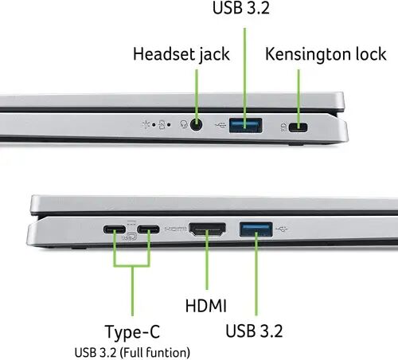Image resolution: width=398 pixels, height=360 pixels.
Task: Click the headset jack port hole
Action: click(196, 124)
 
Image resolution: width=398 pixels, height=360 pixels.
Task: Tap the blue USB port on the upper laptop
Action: click(245, 125)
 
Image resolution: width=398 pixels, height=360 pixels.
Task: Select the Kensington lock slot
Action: click(298, 127)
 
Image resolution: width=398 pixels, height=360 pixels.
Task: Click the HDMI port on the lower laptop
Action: click(207, 229)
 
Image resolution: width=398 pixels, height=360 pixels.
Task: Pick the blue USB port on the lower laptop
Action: click(256, 229)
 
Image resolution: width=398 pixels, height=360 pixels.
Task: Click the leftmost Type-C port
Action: click(115, 229)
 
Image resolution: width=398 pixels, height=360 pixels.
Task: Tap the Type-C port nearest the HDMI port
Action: click(148, 229)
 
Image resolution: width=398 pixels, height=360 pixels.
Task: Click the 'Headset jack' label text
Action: click(181, 54)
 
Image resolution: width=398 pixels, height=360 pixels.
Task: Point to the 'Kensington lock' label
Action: click(326, 54)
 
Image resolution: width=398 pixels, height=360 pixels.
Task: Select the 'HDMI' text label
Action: click(206, 306)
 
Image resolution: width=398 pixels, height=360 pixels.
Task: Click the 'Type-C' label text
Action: click(133, 332)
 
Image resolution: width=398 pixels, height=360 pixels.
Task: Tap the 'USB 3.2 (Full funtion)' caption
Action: click(132, 353)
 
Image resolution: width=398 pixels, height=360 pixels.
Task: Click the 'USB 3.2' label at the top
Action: click(241, 7)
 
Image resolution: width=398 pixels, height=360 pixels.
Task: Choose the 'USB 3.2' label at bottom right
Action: click(254, 331)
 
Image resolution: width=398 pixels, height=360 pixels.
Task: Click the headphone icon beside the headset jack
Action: click(184, 124)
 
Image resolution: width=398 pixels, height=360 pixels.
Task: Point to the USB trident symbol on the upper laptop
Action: click(220, 124)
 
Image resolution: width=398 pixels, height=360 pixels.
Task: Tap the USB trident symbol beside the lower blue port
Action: click(282, 229)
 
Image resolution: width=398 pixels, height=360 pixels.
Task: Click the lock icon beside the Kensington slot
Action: click(283, 127)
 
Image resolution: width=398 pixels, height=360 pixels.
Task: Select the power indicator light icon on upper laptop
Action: click(146, 124)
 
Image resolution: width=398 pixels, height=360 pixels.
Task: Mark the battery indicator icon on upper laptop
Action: click(162, 124)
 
